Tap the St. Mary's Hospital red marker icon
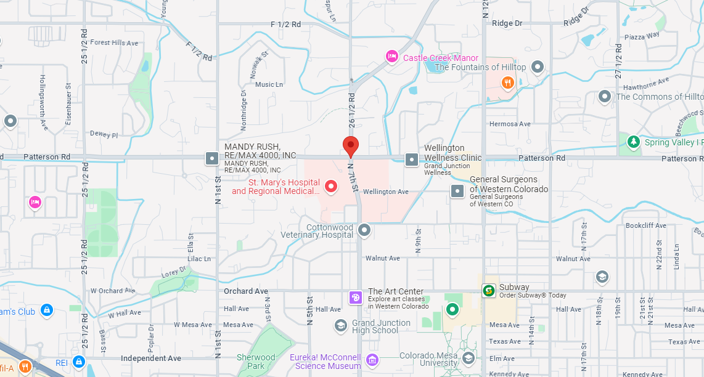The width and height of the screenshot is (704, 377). coord(331,186)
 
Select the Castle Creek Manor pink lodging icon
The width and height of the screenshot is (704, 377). coord(391,57)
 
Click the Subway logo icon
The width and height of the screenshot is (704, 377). coord(489,291)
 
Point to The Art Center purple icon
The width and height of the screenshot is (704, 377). coord(356,298)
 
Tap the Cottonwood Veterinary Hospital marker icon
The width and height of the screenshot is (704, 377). coord(364,230)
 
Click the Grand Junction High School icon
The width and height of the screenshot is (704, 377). coord(341,325)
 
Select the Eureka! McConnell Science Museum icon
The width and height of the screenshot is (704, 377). coord(372,359)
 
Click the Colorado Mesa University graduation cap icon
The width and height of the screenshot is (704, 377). coord(469,359)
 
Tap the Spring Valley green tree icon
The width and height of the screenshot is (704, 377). coord(633,142)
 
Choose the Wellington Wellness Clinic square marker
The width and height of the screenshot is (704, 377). coord(411,160)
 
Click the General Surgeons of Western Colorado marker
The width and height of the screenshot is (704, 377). coord(457,191)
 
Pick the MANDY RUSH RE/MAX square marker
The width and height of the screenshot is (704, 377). coord(212,158)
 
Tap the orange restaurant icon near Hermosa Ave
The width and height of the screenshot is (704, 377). coord(507,83)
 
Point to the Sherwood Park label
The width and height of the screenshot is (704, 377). coord(256,361)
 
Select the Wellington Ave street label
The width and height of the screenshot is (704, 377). coord(385,192)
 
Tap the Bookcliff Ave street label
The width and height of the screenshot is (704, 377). coord(645,226)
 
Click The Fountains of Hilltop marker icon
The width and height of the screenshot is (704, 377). coord(538,67)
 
